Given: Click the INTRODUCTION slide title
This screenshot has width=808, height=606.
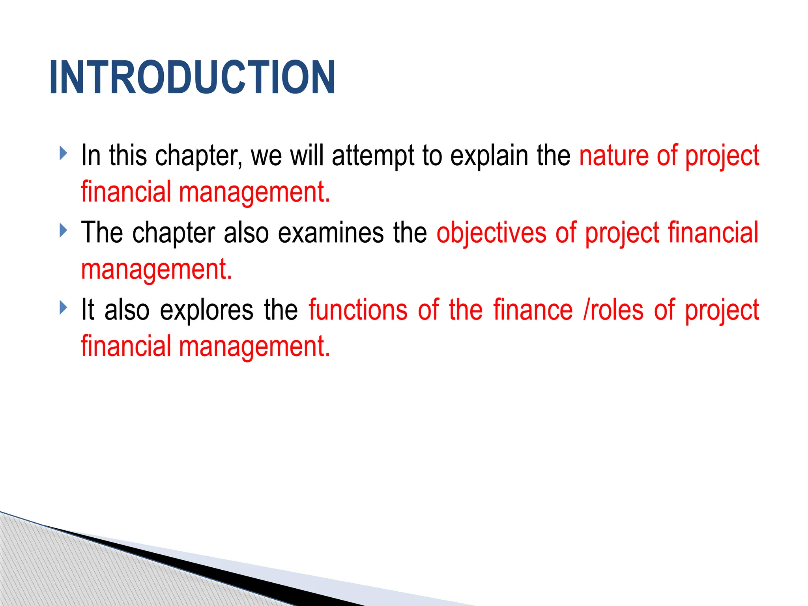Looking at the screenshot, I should click(x=192, y=77).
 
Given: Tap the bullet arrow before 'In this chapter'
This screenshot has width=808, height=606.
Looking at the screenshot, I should click(x=63, y=153).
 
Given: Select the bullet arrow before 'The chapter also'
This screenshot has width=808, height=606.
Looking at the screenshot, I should click(x=63, y=230).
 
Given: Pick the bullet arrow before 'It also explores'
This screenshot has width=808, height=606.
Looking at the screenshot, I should click(x=63, y=307).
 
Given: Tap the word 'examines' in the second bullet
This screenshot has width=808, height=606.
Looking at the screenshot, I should click(x=331, y=233).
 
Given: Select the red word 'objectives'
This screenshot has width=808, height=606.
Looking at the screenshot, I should click(x=492, y=233).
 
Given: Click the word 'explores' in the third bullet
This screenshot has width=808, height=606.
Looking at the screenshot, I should click(x=206, y=310).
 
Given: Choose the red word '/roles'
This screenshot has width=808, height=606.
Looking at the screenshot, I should click(x=613, y=310).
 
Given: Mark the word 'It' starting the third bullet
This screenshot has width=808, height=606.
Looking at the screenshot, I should click(x=88, y=309).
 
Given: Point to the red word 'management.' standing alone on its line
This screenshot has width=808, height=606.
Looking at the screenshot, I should click(x=157, y=270).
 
